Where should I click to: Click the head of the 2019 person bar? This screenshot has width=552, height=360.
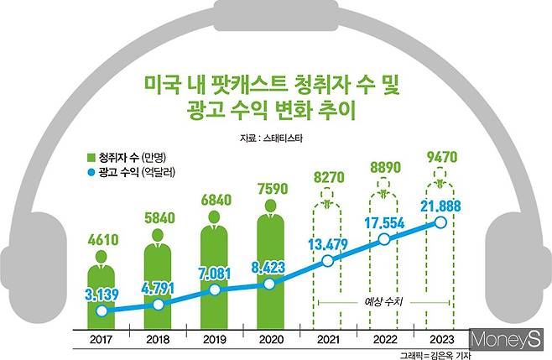pyautogui.click(x=214, y=217)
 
